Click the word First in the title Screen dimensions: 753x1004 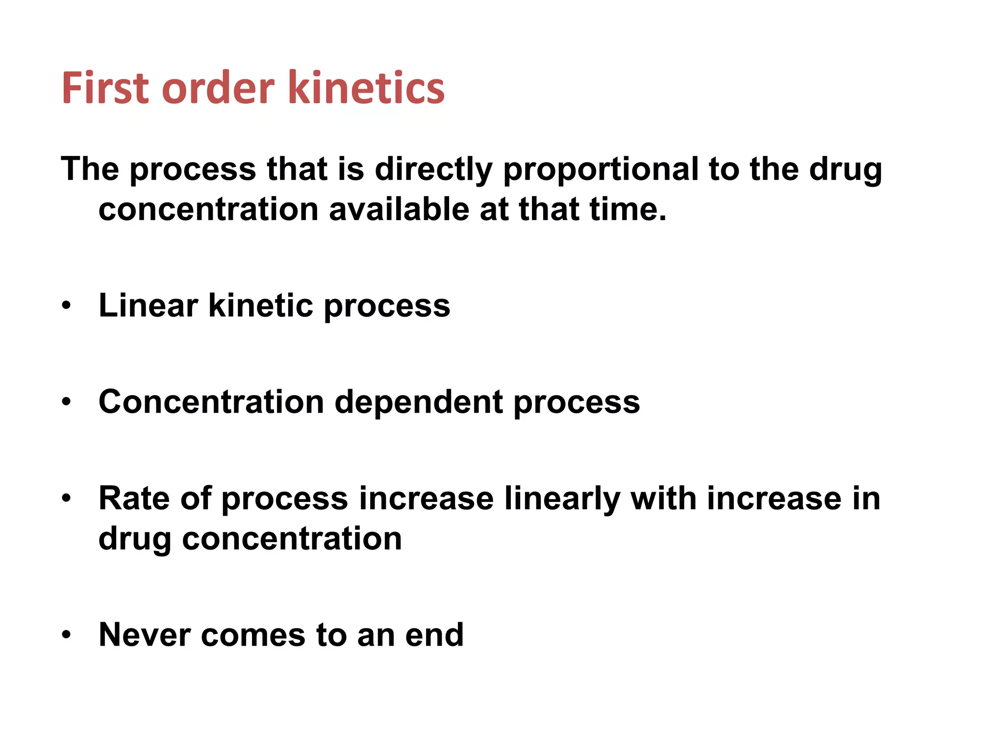[105, 88]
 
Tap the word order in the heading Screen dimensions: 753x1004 [218, 88]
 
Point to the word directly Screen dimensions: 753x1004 [433, 170]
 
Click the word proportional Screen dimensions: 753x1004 [601, 170]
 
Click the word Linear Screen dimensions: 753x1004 [148, 305]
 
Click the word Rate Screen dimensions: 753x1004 [134, 499]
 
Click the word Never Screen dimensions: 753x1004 [144, 635]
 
